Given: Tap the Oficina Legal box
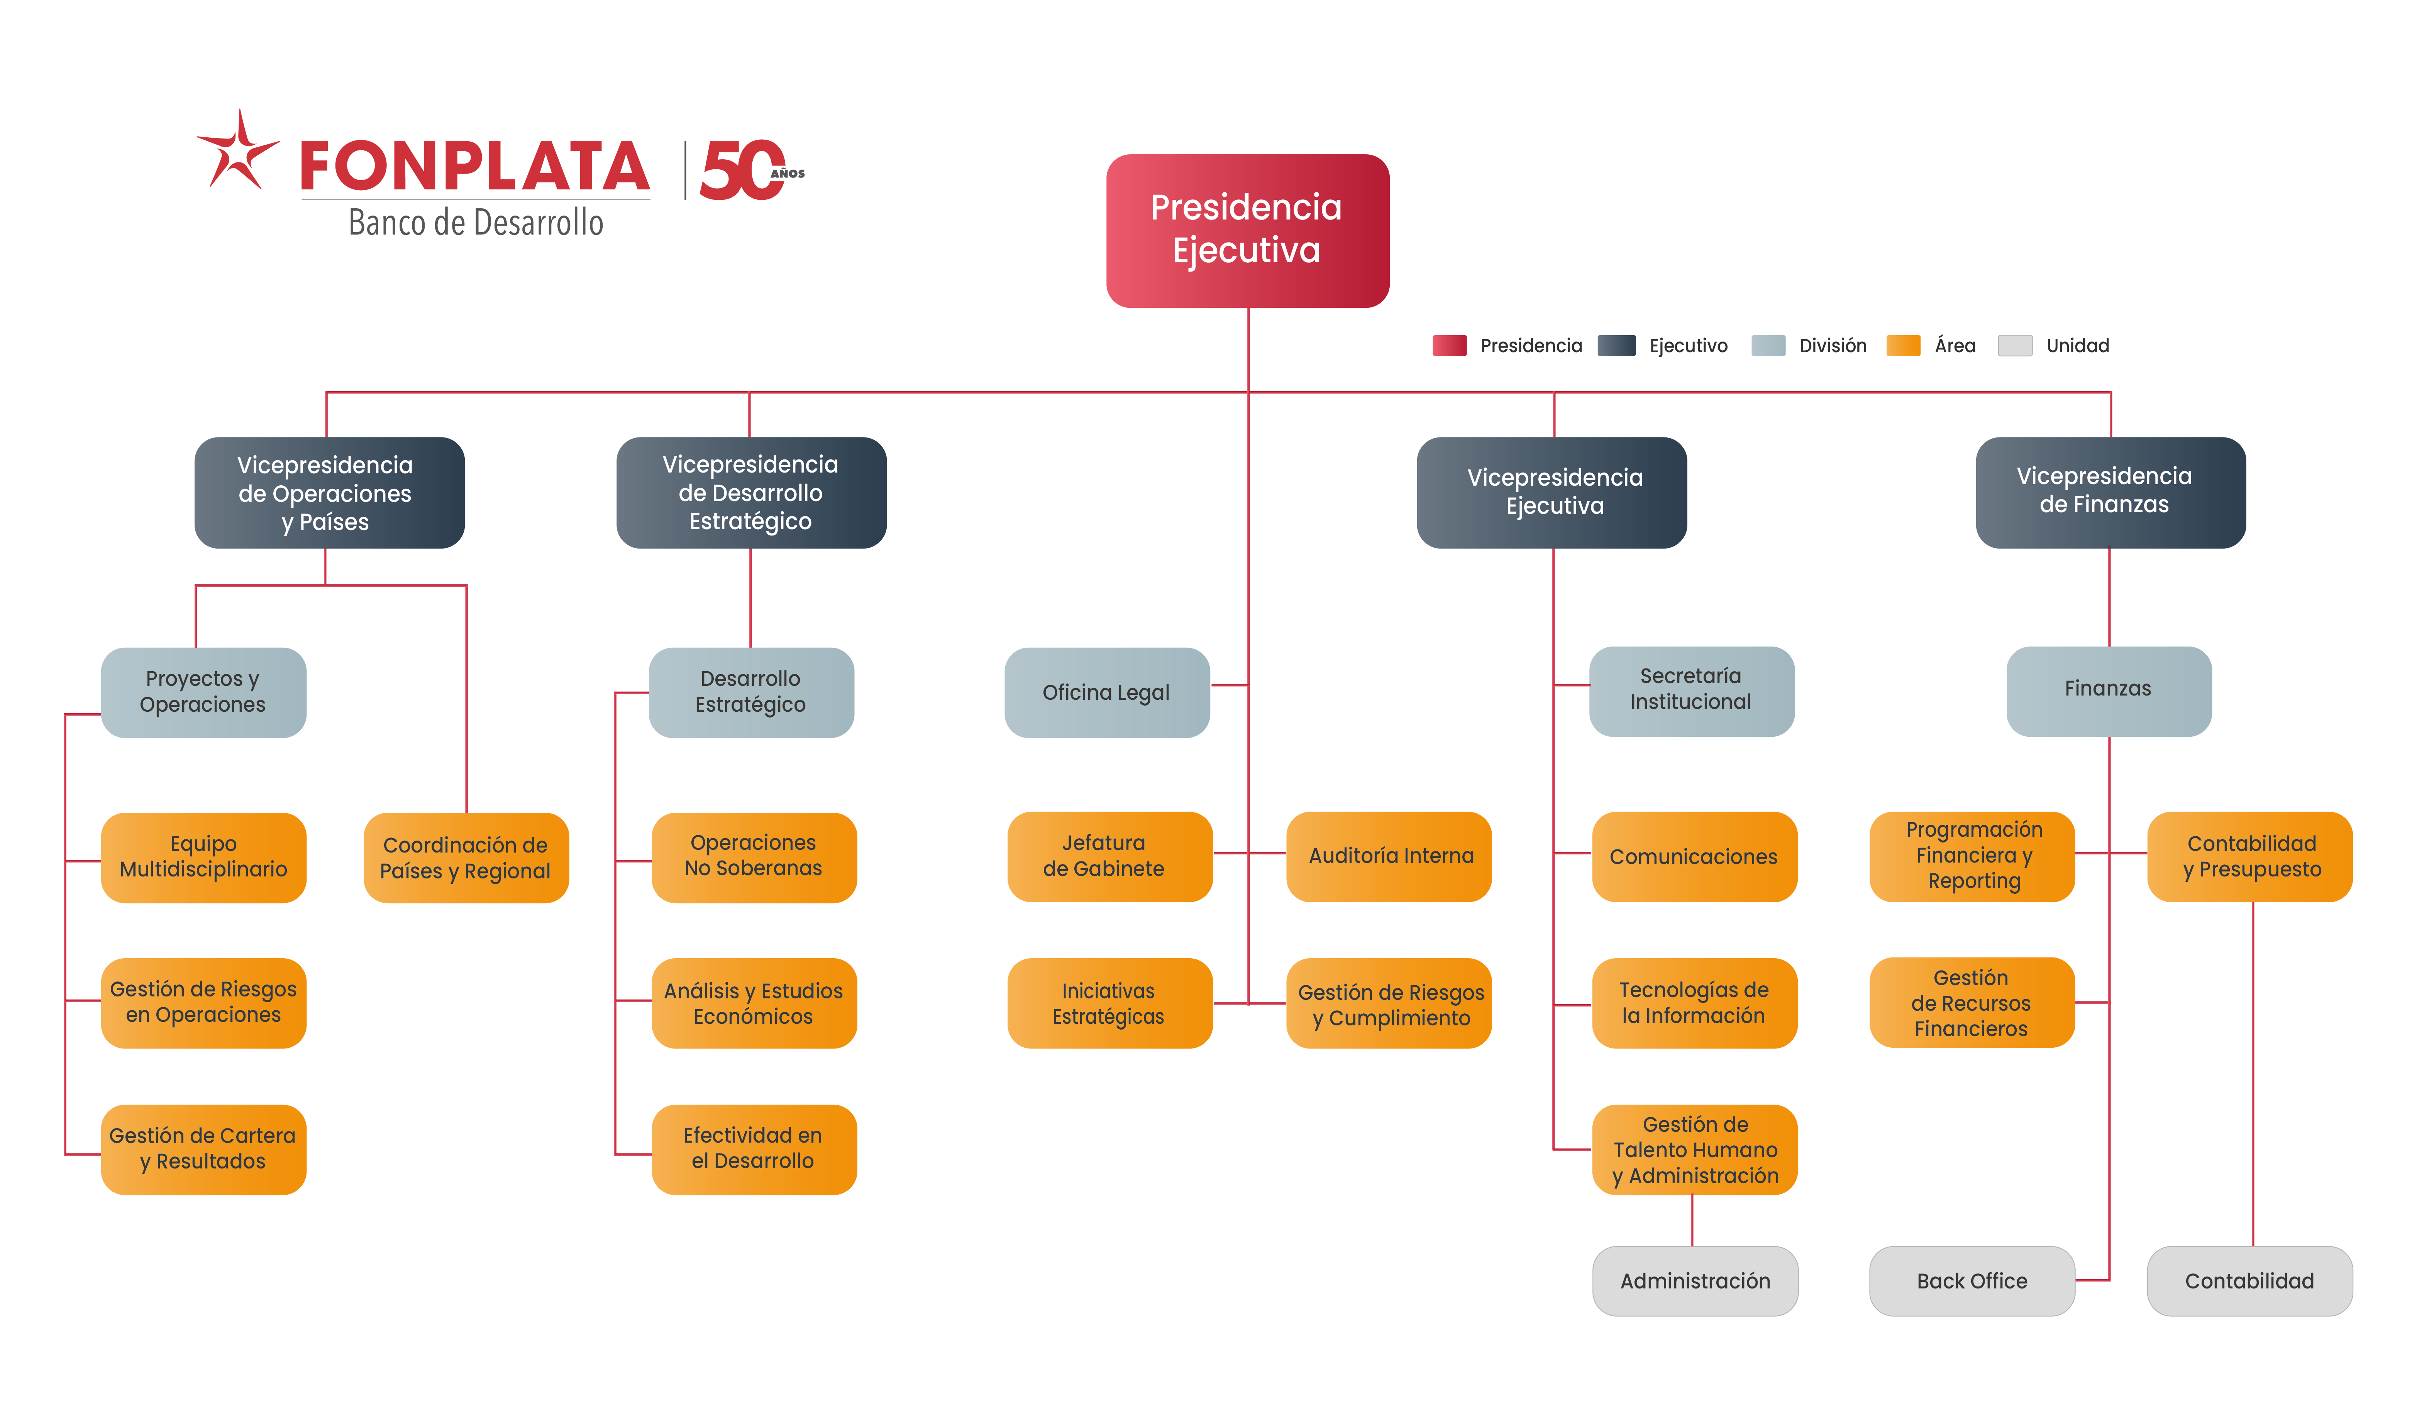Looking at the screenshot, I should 1107,692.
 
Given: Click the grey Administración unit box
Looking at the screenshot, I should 1695,1281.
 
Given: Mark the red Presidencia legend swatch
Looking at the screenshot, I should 1449,346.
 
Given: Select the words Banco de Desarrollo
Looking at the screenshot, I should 476,223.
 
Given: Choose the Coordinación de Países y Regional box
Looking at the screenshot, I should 466,858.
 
